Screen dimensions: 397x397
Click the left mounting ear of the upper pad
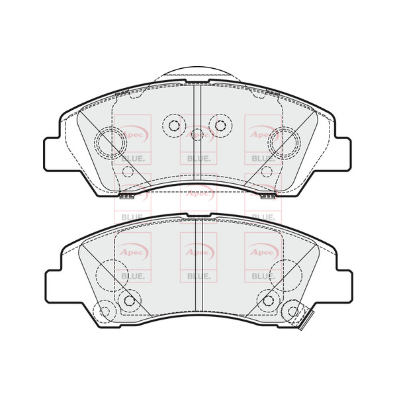[54, 154]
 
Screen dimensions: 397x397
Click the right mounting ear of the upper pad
[343, 154]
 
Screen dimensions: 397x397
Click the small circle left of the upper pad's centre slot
[175, 124]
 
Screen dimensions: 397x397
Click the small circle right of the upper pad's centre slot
[219, 124]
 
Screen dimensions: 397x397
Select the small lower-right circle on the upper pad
[267, 172]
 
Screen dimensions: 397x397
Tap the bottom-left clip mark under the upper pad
[125, 197]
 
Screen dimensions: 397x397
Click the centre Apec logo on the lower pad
[198, 252]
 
